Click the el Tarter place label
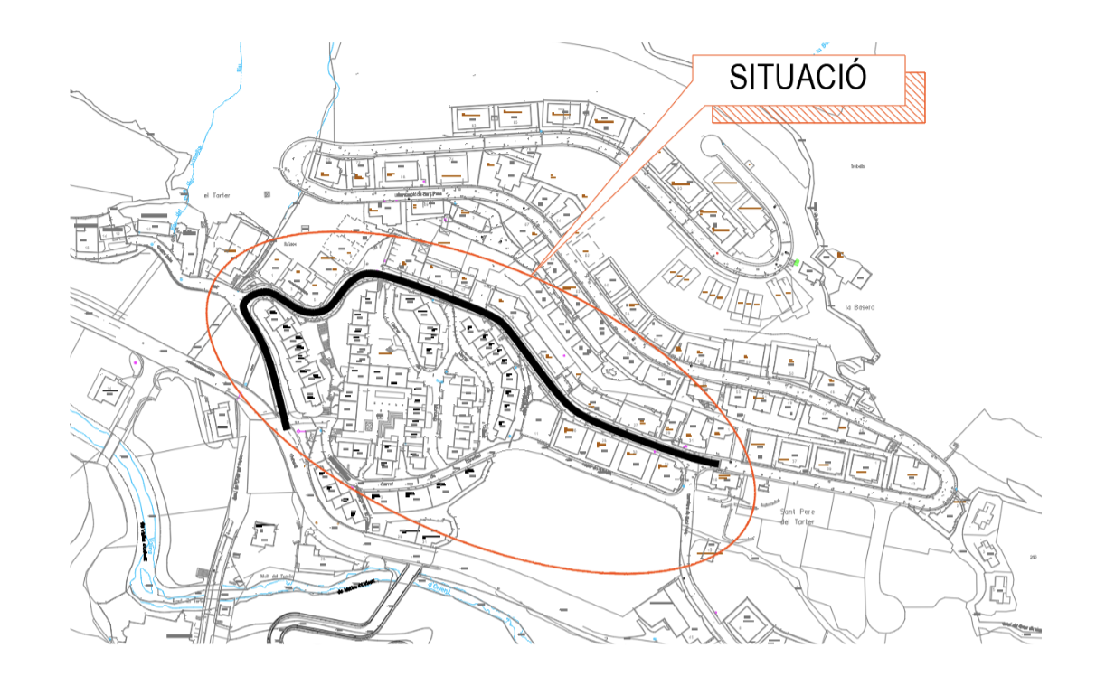[x=218, y=194]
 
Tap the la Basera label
[x=859, y=307]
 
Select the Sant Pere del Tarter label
[x=798, y=517]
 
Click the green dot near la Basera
[x=797, y=263]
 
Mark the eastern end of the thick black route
[x=718, y=464]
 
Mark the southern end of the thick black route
[x=286, y=427]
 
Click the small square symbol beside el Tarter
[x=265, y=193]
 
